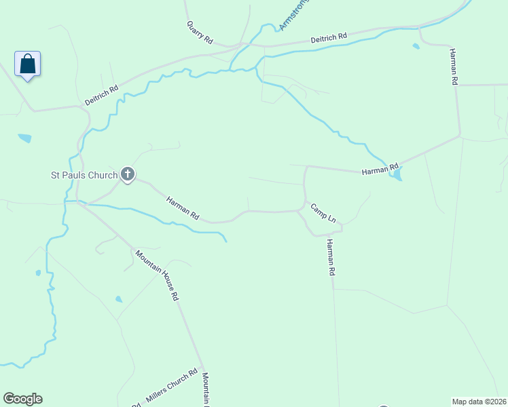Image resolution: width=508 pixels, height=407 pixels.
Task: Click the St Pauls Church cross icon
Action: click(127, 174)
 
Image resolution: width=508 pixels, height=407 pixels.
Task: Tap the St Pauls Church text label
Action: click(85, 175)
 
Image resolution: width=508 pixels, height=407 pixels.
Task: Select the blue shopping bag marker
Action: click(27, 64)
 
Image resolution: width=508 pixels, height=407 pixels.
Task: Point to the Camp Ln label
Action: click(323, 213)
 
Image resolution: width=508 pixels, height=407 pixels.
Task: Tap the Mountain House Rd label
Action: click(157, 275)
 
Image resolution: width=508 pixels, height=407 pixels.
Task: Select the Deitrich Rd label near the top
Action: click(329, 39)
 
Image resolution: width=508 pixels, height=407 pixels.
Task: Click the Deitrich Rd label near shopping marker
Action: click(102, 94)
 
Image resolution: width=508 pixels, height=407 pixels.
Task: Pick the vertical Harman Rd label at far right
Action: click(453, 66)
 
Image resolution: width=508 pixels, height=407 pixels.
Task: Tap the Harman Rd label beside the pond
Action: click(379, 169)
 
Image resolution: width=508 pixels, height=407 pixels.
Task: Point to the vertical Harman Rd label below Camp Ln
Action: click(331, 257)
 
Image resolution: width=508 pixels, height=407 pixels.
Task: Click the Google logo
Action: click(22, 399)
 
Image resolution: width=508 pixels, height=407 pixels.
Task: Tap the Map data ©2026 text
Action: click(479, 401)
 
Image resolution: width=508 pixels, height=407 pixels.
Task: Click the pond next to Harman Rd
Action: click(395, 175)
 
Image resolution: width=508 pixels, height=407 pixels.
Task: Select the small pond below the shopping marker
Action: click(25, 138)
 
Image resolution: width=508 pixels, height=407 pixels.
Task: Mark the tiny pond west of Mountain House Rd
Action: click(119, 298)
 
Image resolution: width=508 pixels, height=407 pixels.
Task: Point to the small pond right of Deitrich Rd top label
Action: click(416, 47)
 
